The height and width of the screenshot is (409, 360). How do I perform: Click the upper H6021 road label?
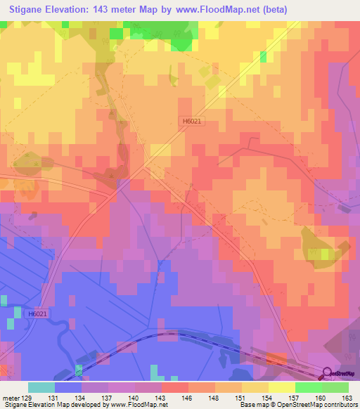pos(192,121)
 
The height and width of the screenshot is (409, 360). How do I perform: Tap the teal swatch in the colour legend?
pos(41,387)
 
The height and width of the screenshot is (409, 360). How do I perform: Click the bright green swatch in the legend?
pos(309,387)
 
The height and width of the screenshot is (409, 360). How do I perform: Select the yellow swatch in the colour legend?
pos(282,387)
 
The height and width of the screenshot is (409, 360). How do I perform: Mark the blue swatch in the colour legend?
pos(68,387)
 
